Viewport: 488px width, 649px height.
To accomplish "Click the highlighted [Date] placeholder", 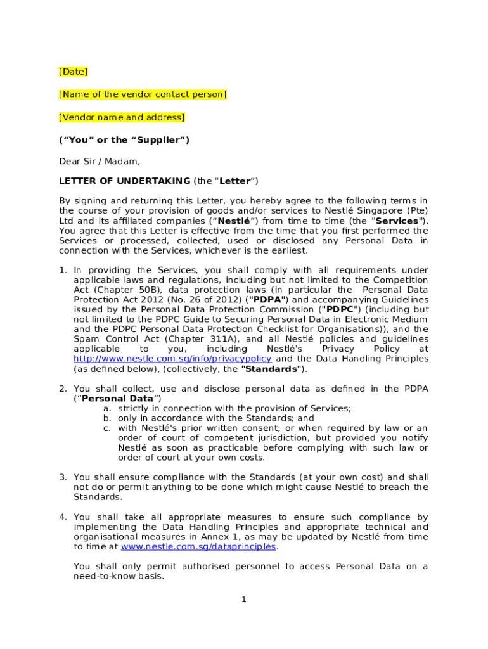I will pyautogui.click(x=73, y=72).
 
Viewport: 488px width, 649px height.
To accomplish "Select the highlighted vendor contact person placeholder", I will pyautogui.click(x=143, y=94).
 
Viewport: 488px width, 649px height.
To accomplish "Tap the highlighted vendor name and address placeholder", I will pyautogui.click(x=122, y=117).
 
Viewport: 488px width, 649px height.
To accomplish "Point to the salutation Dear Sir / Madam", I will pyautogui.click(x=100, y=161).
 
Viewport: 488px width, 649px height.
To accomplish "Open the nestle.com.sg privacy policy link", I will pyautogui.click(x=172, y=359).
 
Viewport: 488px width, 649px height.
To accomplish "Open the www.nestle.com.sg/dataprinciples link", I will pyautogui.click(x=199, y=546).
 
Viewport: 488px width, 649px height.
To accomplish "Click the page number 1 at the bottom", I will pyautogui.click(x=243, y=599).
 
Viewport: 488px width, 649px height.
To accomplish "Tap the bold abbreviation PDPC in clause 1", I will pyautogui.click(x=339, y=309).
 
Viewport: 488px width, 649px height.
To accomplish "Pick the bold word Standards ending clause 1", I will pyautogui.click(x=271, y=369).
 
